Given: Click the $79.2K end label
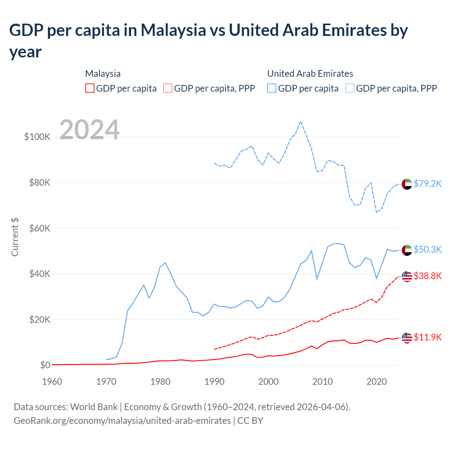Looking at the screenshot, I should (x=427, y=184).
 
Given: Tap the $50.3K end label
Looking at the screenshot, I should (x=427, y=249).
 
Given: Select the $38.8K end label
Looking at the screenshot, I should (x=427, y=276).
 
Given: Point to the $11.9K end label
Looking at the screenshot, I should (x=427, y=337).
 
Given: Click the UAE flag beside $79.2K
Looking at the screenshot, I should (x=407, y=184).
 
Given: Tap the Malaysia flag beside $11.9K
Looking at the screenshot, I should (x=407, y=338).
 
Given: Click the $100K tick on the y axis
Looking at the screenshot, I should (x=37, y=137).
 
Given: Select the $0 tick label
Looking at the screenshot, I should (x=45, y=365).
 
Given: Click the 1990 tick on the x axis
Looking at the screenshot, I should (x=214, y=382).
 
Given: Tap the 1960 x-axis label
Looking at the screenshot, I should (x=52, y=382).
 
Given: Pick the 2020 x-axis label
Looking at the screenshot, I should (x=377, y=382).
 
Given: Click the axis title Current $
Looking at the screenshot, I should (x=15, y=237).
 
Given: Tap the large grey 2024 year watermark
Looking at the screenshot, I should (x=89, y=130).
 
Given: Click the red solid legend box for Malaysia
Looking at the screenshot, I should (x=90, y=88).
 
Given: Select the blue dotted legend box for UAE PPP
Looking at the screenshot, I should (x=350, y=88).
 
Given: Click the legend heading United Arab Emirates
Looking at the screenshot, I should (x=310, y=74).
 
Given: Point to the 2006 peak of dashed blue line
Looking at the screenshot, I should (x=301, y=122).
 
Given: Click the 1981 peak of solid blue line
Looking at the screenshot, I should (x=165, y=262).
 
